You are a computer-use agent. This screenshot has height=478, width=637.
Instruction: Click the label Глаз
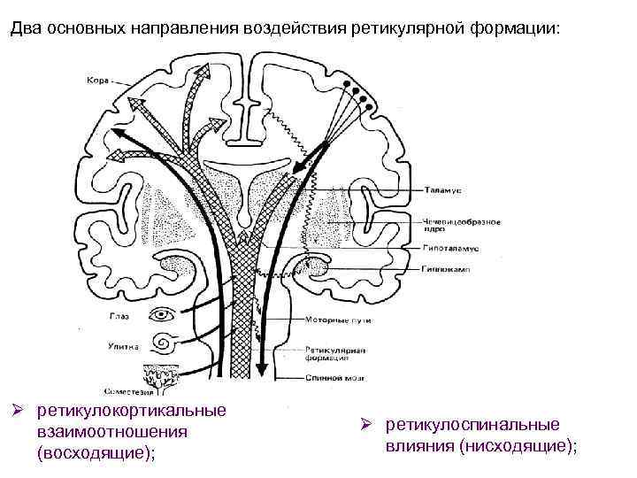[x=121, y=314]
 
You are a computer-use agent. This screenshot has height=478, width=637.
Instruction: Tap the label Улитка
[x=124, y=346]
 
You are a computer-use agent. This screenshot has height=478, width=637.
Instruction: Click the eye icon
[x=163, y=314]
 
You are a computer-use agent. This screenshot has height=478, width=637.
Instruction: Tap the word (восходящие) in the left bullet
[x=94, y=452]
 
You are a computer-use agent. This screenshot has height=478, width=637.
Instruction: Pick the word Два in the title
[x=25, y=28]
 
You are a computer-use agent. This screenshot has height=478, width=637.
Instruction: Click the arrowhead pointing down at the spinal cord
[x=260, y=369]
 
